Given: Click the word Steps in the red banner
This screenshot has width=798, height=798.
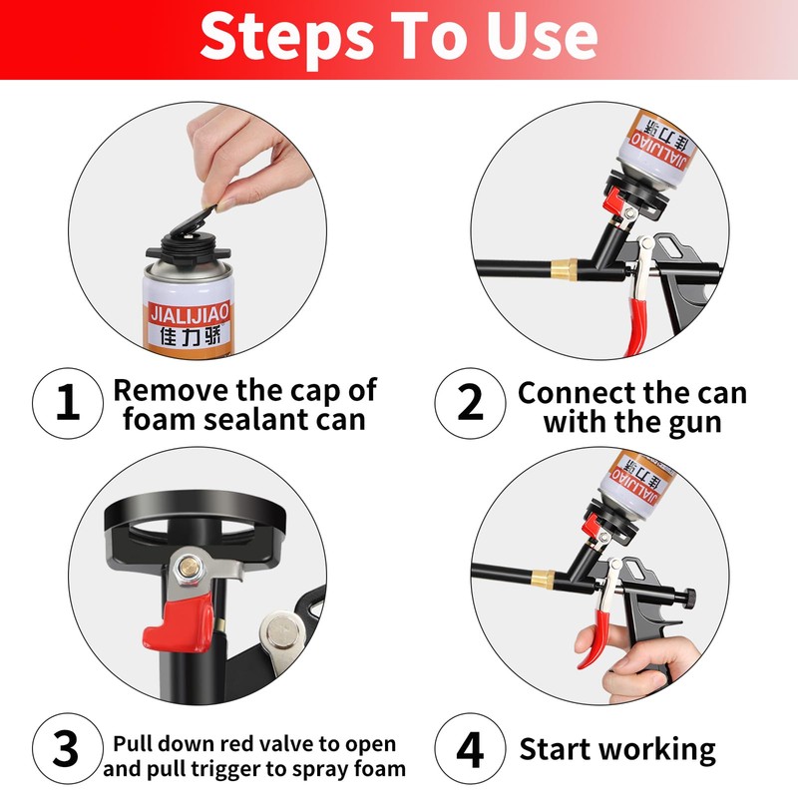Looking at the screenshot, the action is click(286, 37).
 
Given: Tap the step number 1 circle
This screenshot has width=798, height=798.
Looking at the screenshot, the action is click(68, 403).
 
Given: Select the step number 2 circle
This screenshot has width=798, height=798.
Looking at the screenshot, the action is click(470, 403).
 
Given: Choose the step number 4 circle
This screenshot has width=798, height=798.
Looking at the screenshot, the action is click(470, 748).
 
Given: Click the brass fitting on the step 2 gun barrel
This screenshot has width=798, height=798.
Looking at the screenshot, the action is click(564, 267).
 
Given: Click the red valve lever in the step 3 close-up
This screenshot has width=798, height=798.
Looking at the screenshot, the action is click(179, 625).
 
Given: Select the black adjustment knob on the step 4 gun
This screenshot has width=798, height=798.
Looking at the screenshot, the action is click(689, 598).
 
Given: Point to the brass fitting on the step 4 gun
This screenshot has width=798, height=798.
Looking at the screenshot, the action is click(543, 580).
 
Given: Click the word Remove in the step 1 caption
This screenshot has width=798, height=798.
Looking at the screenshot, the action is click(171, 391).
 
